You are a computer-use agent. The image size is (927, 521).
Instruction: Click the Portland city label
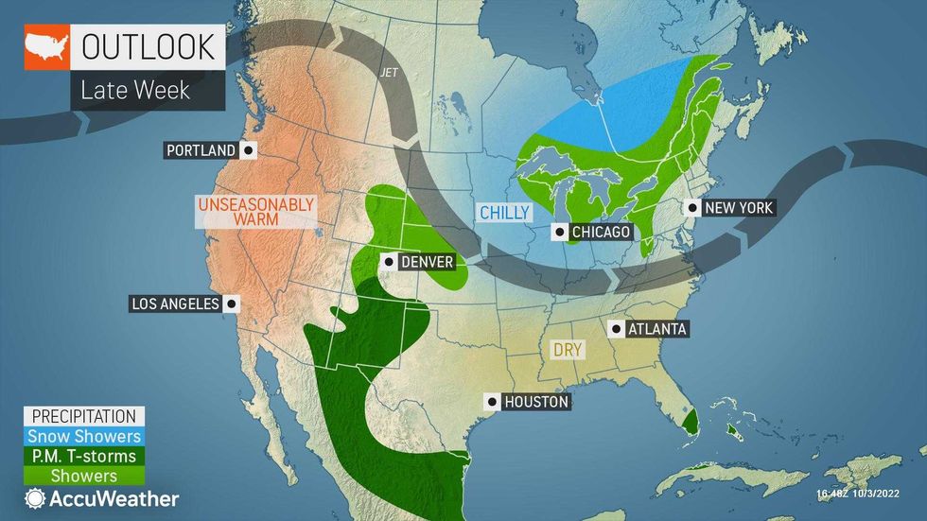click(x=201, y=150)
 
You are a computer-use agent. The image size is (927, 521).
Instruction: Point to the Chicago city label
click(x=598, y=232)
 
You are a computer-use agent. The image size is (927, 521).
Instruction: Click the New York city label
click(x=738, y=207)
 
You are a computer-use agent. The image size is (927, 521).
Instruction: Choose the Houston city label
click(x=535, y=402)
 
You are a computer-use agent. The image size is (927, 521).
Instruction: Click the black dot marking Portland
click(x=248, y=150)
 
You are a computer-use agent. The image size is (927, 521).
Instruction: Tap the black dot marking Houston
click(x=491, y=402)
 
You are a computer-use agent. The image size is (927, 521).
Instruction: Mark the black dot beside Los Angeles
click(x=231, y=304)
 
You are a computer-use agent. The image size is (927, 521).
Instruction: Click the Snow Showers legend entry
click(x=84, y=436)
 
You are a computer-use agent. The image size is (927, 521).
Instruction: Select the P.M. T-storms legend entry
click(x=84, y=456)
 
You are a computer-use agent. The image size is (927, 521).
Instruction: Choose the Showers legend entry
click(x=84, y=476)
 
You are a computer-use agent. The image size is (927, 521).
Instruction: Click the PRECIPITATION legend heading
click(x=84, y=416)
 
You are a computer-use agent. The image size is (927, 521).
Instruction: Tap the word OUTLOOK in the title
click(x=151, y=46)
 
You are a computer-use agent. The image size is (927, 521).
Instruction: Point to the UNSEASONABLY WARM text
click(x=255, y=212)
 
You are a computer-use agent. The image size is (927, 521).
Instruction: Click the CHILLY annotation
click(x=504, y=214)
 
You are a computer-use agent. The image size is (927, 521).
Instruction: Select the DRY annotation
click(x=568, y=350)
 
